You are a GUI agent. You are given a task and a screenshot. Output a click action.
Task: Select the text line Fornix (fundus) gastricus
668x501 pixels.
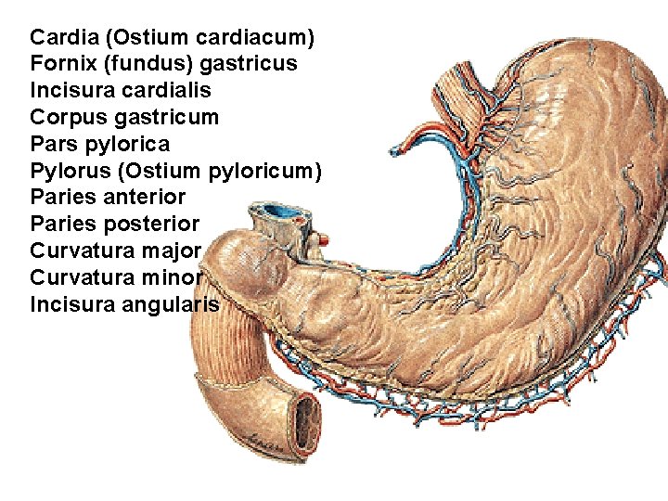tap(163, 64)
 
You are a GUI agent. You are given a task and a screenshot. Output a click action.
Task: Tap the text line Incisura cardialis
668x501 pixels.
tap(121, 91)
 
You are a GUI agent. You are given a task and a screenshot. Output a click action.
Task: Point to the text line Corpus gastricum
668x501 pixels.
tap(124, 118)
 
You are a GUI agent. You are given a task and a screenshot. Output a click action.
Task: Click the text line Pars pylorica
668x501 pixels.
tap(100, 145)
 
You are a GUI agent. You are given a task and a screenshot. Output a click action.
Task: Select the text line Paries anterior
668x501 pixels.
tap(108, 198)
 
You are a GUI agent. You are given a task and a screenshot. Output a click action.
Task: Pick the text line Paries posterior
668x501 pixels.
tap(114, 225)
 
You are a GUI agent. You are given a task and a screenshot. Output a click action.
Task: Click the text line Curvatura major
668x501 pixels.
tap(115, 250)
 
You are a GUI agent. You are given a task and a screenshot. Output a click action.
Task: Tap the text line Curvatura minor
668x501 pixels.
tap(115, 277)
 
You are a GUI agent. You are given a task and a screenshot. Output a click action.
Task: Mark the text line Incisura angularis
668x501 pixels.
tap(124, 304)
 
